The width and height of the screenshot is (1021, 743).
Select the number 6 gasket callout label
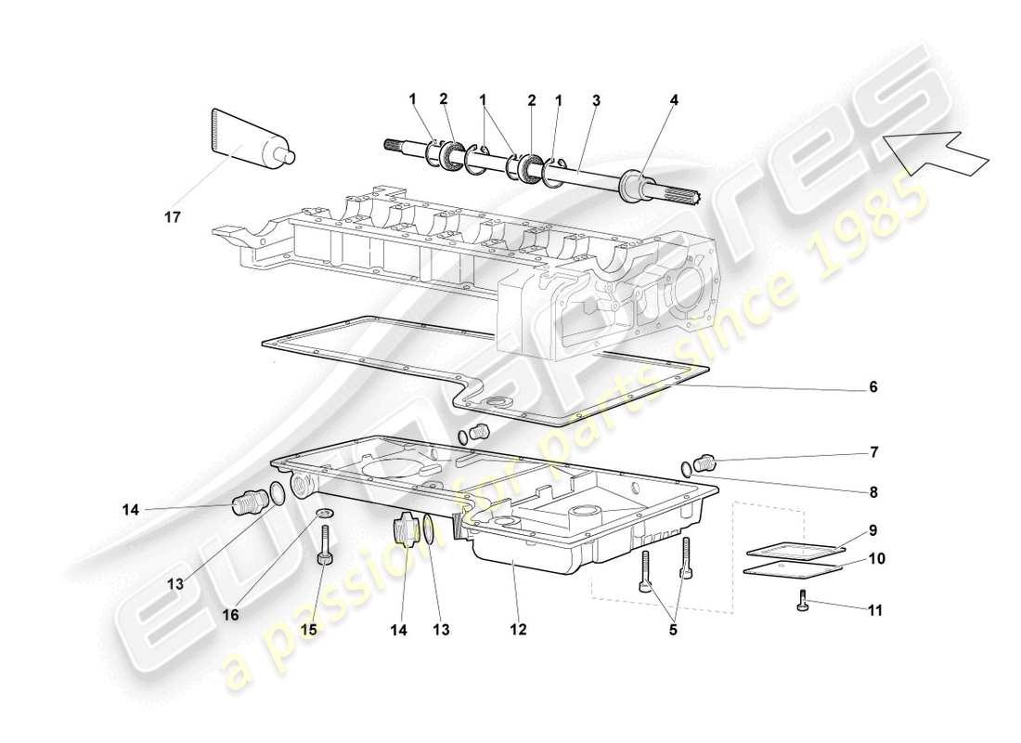pos(872,386)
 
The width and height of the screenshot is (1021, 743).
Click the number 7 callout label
pos(872,453)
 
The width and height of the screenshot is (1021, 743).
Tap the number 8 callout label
pos(872,491)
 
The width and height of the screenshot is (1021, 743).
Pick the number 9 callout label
pos(872,530)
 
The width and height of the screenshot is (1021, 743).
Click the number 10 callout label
pos(876,559)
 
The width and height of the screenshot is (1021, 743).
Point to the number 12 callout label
pos(517,630)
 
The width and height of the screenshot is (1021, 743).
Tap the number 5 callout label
pos(674,630)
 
